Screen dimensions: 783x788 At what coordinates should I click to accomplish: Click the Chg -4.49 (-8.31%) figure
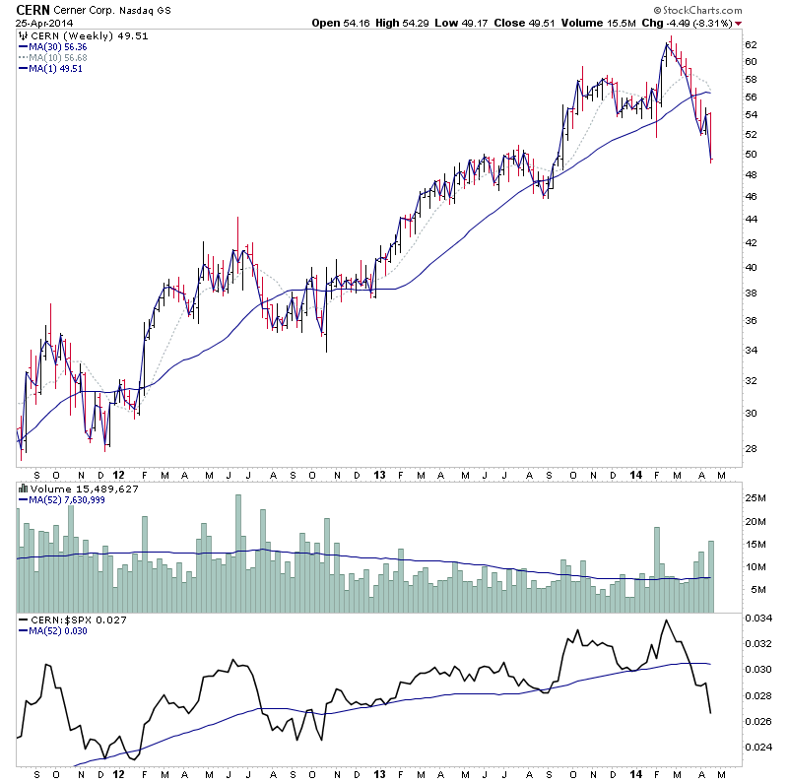687,22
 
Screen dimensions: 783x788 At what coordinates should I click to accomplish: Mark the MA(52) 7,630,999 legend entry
67,499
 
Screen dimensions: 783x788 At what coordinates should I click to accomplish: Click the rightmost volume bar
710,576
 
